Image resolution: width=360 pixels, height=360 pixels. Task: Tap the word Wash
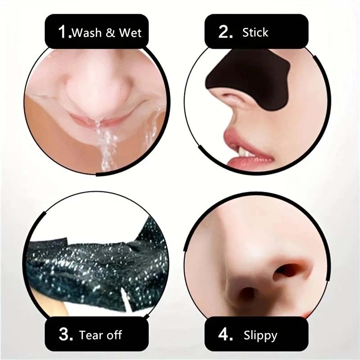87,33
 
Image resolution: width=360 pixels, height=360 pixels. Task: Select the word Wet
130,33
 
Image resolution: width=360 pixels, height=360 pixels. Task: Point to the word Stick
255,32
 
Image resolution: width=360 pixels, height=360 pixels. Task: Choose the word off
113,335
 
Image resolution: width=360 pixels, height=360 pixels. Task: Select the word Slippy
261,336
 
